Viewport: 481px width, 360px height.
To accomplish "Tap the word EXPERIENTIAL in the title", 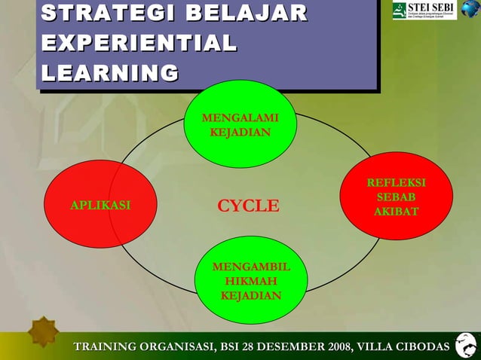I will click(x=138, y=43).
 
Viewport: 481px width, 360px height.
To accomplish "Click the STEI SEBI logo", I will click(x=424, y=11).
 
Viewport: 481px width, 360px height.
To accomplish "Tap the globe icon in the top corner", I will click(x=470, y=10).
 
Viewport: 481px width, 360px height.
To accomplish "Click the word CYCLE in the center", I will click(x=248, y=206).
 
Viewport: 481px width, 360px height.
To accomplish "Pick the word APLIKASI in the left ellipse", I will click(x=100, y=205).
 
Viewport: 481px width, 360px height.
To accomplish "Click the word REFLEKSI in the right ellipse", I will click(x=396, y=183).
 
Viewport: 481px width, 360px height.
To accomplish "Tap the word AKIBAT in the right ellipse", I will click(x=396, y=212).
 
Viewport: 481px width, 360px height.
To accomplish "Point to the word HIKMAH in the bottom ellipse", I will click(x=250, y=281).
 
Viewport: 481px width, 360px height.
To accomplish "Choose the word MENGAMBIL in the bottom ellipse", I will click(x=250, y=267).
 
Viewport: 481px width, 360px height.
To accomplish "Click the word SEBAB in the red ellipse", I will click(x=396, y=197).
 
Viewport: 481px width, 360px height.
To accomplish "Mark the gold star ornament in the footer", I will click(x=44, y=332).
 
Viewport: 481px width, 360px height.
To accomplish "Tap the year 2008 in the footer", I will click(x=335, y=346).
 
